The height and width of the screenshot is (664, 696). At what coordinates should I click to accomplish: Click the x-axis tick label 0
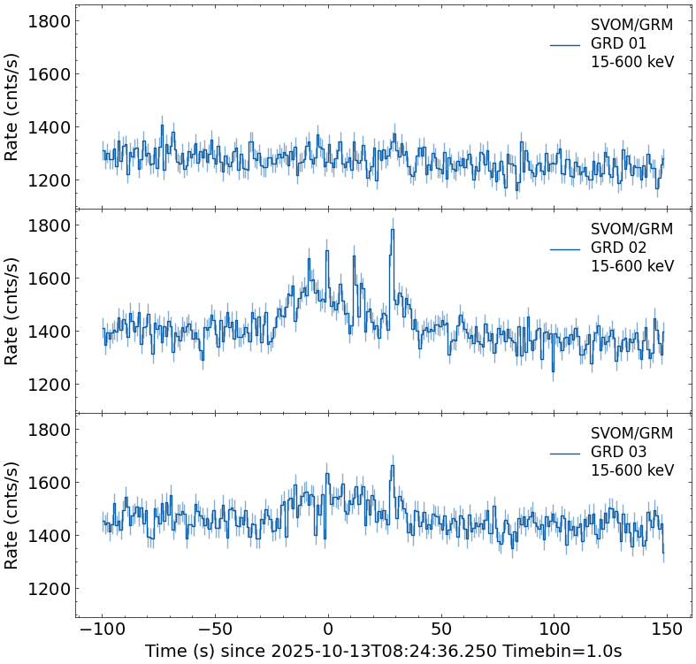coord(328,630)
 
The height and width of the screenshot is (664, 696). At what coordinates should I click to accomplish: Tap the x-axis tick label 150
coord(668,630)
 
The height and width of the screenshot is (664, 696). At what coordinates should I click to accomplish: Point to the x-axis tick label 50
coord(441,630)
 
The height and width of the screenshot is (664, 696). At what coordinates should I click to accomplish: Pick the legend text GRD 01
coord(619,43)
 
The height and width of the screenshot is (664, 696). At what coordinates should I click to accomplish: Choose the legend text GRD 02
coord(619,248)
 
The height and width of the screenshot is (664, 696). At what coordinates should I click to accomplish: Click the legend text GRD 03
coord(619,452)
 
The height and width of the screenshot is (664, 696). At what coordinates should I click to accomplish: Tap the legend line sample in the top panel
coord(565,44)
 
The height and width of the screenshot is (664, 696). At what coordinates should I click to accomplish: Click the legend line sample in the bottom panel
coord(565,453)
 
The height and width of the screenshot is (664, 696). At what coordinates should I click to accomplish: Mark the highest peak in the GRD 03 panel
coord(392,466)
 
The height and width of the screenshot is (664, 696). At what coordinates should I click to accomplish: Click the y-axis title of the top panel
coord(12,106)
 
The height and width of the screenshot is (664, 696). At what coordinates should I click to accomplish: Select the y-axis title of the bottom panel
coord(12,515)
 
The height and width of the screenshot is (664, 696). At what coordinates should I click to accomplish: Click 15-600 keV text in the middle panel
coord(632,266)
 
